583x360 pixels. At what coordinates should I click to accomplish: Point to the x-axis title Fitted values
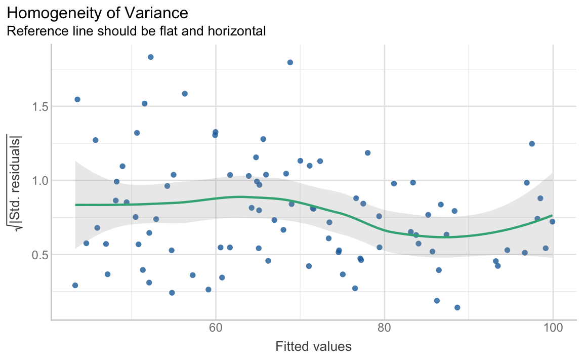point(313,347)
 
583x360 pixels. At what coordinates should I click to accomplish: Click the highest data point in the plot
point(150,57)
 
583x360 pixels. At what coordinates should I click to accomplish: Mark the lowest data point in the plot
point(457,307)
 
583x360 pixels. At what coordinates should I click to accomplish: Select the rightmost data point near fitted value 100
point(552,222)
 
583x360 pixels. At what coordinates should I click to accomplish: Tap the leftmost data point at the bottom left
point(75,285)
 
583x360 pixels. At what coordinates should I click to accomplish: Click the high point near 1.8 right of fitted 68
point(290,62)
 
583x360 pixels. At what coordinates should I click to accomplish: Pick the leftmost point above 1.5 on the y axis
point(77,99)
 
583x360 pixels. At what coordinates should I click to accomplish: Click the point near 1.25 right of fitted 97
point(531,144)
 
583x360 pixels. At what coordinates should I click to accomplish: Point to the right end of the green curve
point(552,215)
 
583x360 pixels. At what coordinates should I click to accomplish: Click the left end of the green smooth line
point(75,205)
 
